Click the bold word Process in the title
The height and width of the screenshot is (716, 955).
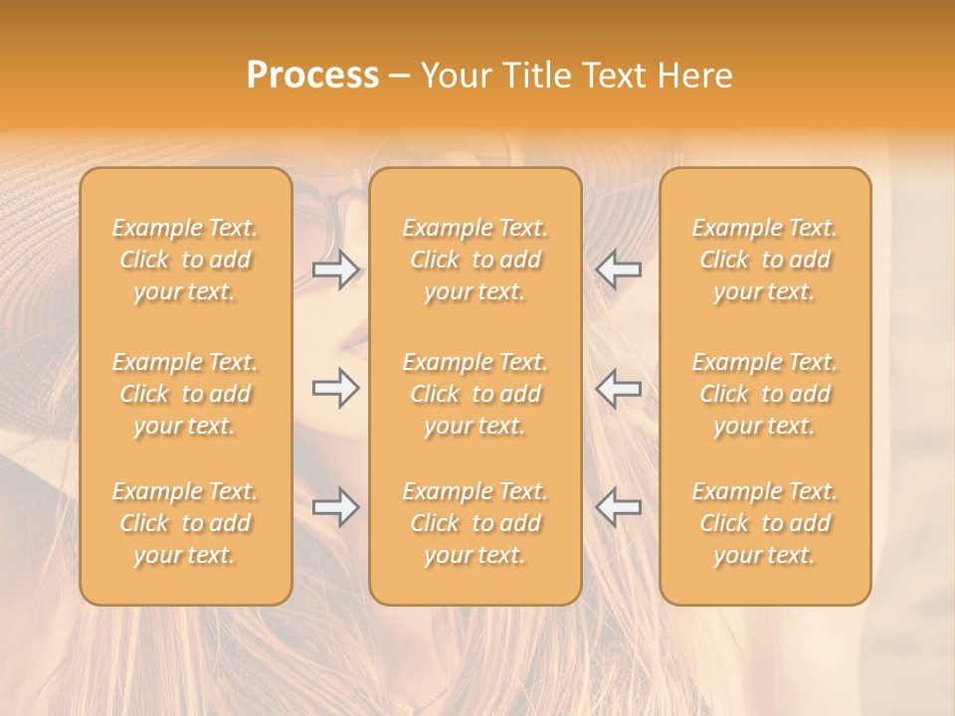(312, 76)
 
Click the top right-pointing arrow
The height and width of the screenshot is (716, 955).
(336, 269)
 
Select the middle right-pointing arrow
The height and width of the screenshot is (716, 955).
(336, 388)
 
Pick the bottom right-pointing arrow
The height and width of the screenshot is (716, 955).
(336, 507)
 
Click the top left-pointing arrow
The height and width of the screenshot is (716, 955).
(618, 269)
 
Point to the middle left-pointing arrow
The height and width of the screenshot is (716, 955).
(618, 388)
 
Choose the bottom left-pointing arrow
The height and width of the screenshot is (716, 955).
(618, 507)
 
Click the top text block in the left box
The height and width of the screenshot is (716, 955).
(185, 260)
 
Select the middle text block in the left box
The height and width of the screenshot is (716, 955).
(185, 394)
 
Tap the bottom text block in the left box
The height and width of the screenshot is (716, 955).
(185, 523)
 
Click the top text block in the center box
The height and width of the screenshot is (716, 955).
(475, 260)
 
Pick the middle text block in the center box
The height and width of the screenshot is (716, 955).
(475, 394)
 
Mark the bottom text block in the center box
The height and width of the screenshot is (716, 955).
(475, 523)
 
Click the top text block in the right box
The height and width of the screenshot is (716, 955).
(765, 260)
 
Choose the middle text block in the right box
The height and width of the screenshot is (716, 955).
(765, 394)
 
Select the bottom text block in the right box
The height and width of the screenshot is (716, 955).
(765, 523)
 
